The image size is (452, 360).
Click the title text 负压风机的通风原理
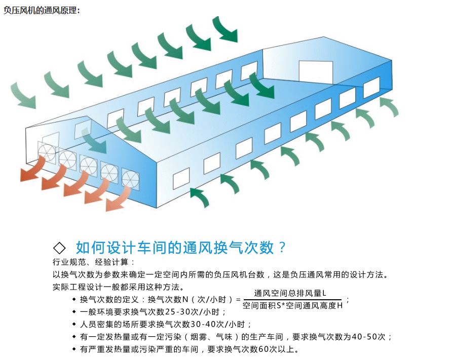point(41,10)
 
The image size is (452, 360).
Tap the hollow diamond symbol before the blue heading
point(59,248)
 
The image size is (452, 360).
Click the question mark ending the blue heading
point(282,248)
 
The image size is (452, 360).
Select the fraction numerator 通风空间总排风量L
point(290,293)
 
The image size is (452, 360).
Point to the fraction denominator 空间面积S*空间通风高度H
point(292,305)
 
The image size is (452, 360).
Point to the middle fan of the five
point(88,165)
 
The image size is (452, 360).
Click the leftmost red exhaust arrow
point(32,170)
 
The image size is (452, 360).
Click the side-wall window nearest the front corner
point(181,179)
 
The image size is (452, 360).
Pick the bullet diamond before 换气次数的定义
point(74,299)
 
